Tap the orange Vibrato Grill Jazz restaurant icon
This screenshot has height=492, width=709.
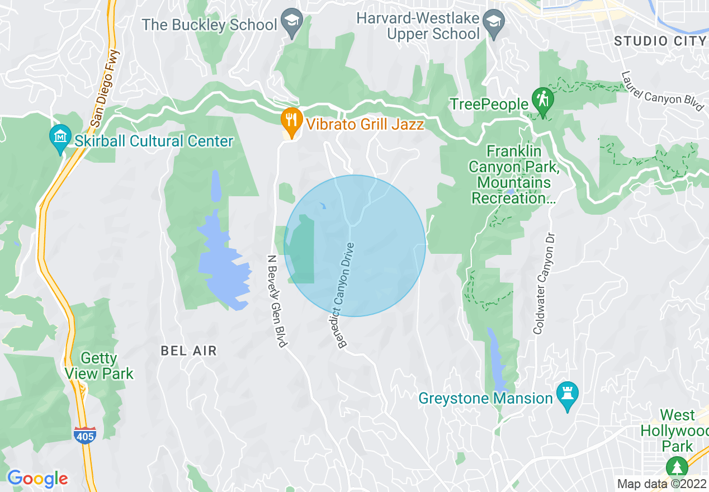click(290, 120)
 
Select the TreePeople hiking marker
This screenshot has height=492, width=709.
click(542, 101)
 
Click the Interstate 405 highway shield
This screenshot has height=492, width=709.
click(84, 434)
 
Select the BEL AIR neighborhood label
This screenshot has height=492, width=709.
click(188, 351)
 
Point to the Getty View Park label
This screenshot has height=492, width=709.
click(99, 366)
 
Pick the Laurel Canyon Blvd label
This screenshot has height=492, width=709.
click(663, 91)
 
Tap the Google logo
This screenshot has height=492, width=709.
click(37, 479)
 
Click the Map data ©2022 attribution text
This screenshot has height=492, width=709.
click(660, 484)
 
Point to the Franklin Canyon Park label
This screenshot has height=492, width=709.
click(514, 174)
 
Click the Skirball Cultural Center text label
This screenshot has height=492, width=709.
click(153, 141)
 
